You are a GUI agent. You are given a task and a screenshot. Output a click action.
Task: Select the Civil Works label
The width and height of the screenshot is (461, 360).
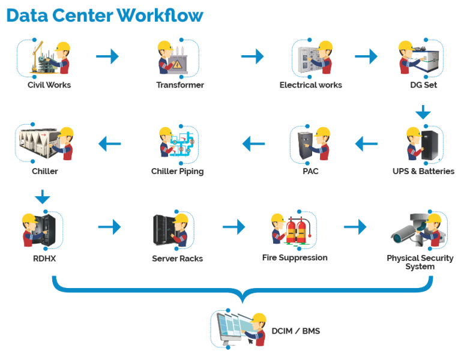click(49, 85)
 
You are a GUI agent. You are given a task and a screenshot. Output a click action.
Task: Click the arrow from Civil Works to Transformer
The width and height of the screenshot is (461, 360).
click(108, 56)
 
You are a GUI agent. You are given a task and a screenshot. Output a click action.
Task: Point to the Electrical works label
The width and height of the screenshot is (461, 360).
click(311, 85)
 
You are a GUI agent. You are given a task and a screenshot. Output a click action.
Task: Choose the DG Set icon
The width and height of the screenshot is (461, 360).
click(420, 58)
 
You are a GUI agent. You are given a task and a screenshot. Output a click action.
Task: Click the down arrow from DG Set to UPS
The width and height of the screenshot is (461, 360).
click(423, 112)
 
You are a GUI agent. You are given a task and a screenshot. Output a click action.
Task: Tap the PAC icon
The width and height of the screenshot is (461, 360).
click(310, 144)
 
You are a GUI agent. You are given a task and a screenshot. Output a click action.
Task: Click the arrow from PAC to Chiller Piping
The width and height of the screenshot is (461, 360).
click(253, 143)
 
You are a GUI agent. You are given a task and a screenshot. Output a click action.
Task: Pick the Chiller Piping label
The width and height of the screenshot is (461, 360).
click(178, 172)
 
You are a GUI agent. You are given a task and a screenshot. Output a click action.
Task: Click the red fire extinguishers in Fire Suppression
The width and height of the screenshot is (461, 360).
click(295, 230)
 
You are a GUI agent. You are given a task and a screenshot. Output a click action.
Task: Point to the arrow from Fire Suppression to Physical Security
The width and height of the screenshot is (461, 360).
click(355, 227)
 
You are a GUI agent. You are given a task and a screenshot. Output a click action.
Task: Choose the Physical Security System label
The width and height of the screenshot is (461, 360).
click(420, 262)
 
